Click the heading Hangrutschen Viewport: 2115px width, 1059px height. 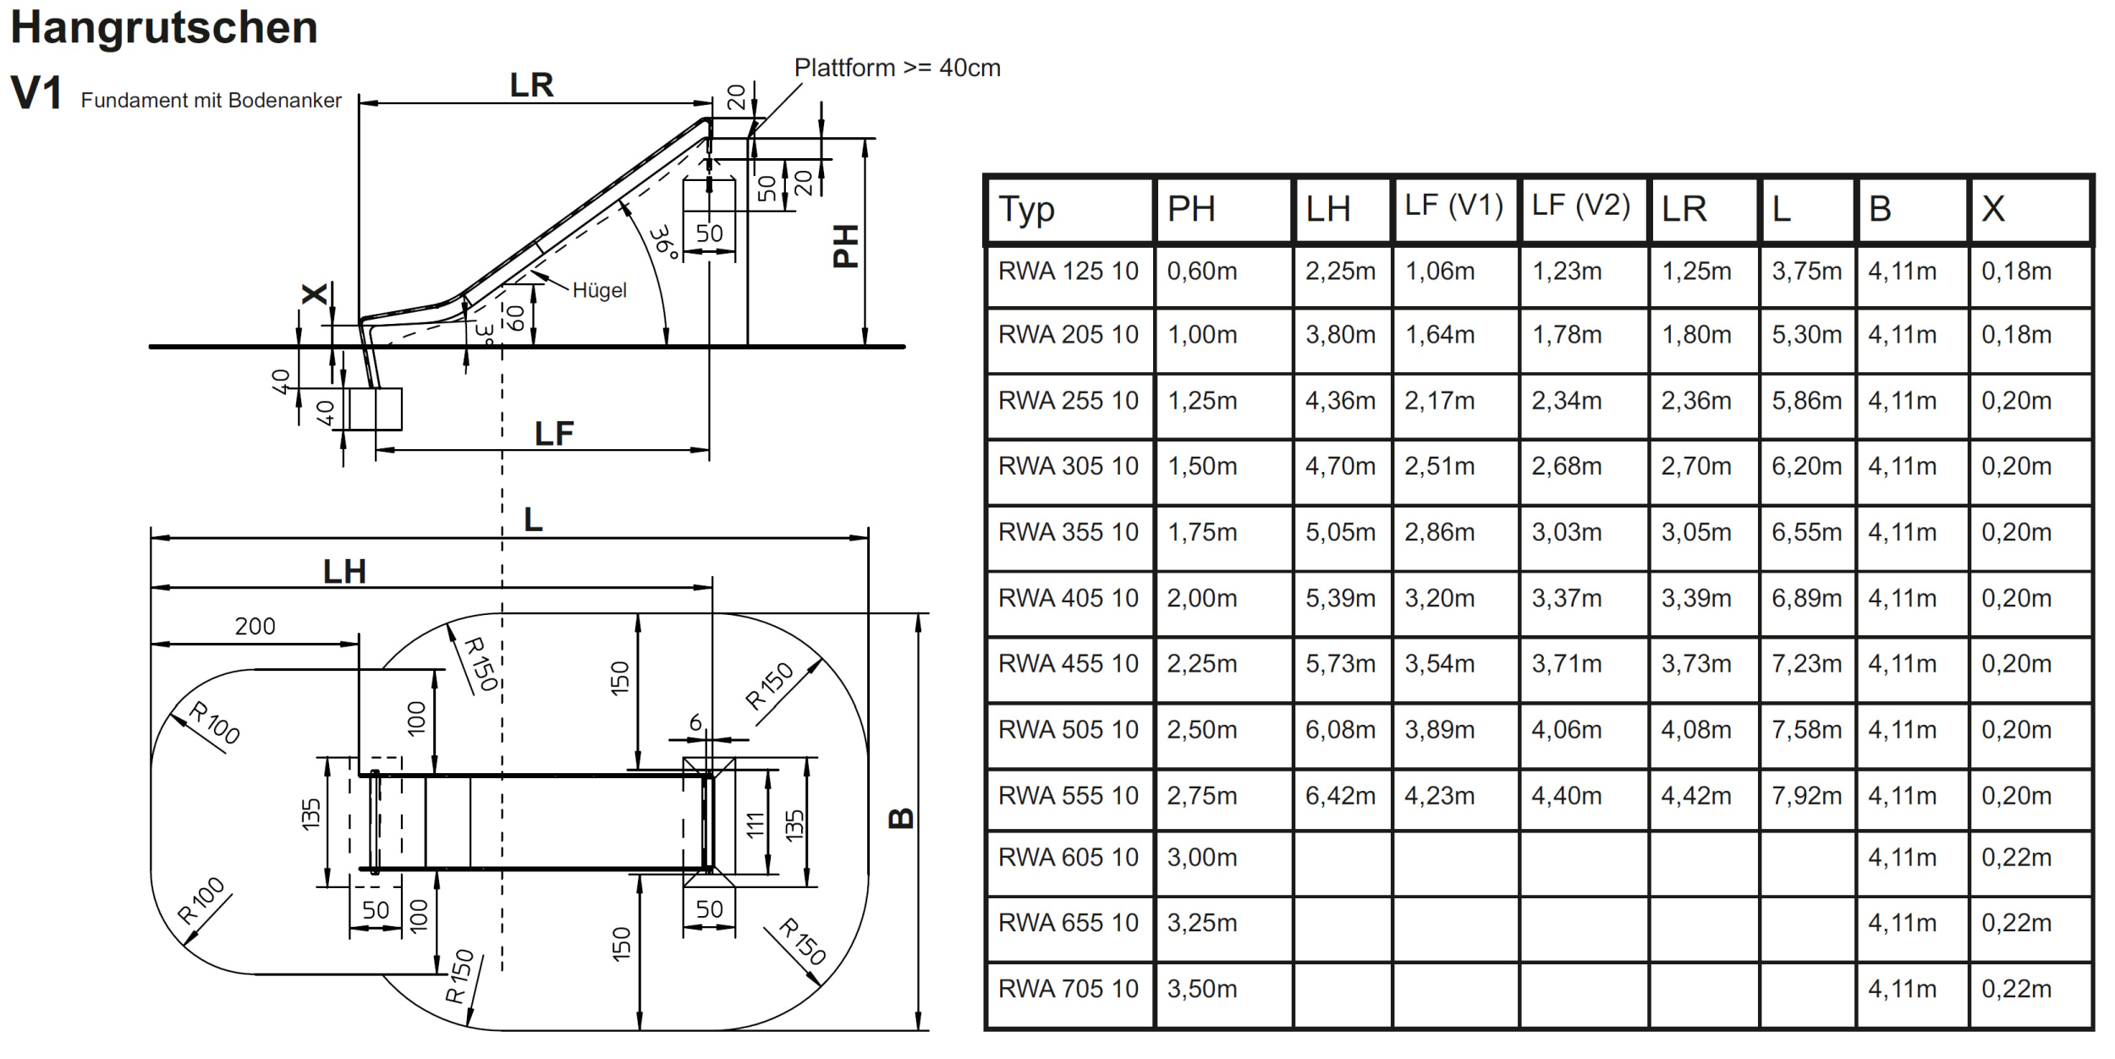click(164, 29)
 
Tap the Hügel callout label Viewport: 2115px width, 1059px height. click(599, 290)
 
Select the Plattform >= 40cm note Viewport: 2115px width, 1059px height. click(897, 68)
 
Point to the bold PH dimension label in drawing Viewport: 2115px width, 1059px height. click(846, 246)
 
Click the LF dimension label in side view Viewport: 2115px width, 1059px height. click(554, 434)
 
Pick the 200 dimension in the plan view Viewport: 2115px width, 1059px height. click(255, 626)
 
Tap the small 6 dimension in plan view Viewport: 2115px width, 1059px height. click(695, 722)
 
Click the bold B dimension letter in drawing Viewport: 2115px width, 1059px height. click(902, 818)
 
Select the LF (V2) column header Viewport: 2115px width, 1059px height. click(1580, 206)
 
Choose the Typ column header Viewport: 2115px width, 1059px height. click(1026, 210)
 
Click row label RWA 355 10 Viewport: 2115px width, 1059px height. click(1068, 532)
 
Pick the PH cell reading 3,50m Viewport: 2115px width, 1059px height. click(1201, 988)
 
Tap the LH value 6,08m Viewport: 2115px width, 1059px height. click(1340, 729)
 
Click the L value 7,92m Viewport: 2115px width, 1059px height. click(1806, 795)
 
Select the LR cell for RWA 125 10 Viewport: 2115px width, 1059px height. click(1696, 271)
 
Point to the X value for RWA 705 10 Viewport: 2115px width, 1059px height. click(2016, 988)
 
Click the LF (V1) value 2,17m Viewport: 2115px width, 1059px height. click(1439, 400)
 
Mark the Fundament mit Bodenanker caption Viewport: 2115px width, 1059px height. click(211, 100)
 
